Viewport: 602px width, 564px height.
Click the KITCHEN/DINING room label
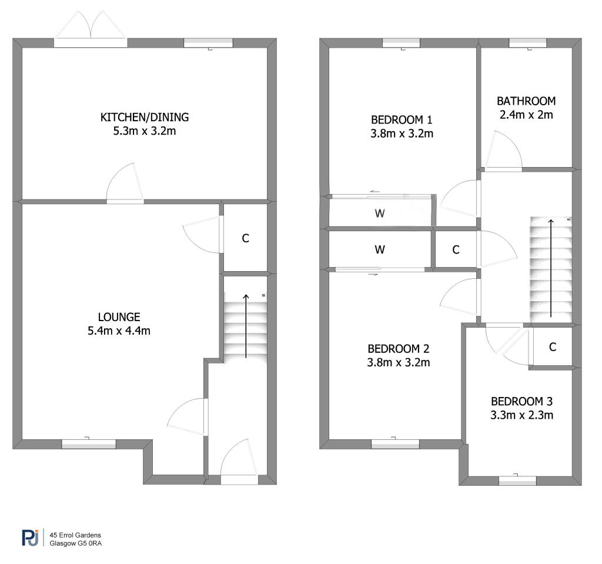[145, 117]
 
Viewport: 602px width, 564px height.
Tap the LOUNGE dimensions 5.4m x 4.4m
[119, 331]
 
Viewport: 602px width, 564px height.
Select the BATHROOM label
[526, 101]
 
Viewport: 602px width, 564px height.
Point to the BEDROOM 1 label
[402, 120]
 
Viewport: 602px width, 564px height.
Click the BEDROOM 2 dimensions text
[399, 363]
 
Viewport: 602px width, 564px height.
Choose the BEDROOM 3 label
[522, 402]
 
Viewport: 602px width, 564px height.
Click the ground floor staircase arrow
[246, 326]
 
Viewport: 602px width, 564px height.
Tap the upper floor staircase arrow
[551, 268]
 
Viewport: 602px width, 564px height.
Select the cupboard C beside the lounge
[246, 239]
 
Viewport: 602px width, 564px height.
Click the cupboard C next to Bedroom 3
[553, 348]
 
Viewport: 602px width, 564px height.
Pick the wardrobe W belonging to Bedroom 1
[380, 213]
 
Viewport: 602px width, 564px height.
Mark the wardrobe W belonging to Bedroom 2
[380, 250]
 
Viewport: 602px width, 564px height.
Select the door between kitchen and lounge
[125, 183]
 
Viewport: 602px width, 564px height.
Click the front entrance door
[239, 461]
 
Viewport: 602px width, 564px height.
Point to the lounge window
[89, 444]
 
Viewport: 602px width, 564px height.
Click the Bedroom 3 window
[517, 480]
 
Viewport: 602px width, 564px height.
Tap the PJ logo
[31, 538]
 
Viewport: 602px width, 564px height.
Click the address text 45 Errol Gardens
[75, 535]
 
